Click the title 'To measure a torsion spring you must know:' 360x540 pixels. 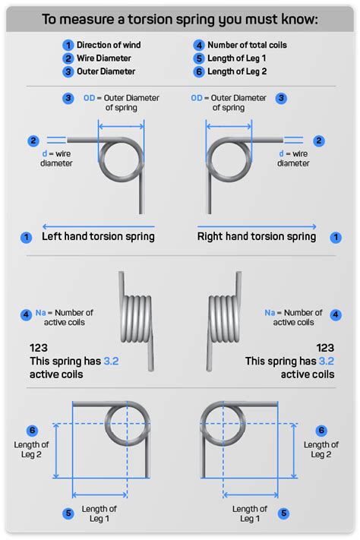tap(180, 18)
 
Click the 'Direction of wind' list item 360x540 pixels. tap(108, 45)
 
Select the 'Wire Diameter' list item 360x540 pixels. tap(103, 58)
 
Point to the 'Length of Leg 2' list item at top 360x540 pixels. tap(241, 72)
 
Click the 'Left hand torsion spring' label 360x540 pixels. tap(98, 236)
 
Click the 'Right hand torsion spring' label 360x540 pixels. tap(257, 236)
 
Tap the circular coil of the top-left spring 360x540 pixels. tap(120, 161)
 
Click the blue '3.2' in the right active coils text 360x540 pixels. tap(326, 361)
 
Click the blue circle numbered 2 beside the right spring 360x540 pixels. tap(319, 141)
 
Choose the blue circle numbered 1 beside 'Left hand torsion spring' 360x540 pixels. tap(25, 237)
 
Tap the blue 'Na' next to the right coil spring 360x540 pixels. tap(270, 312)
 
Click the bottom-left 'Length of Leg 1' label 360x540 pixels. tap(100, 513)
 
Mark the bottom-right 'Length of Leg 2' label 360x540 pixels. tap(317, 450)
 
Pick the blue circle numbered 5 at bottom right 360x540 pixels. tap(283, 513)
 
